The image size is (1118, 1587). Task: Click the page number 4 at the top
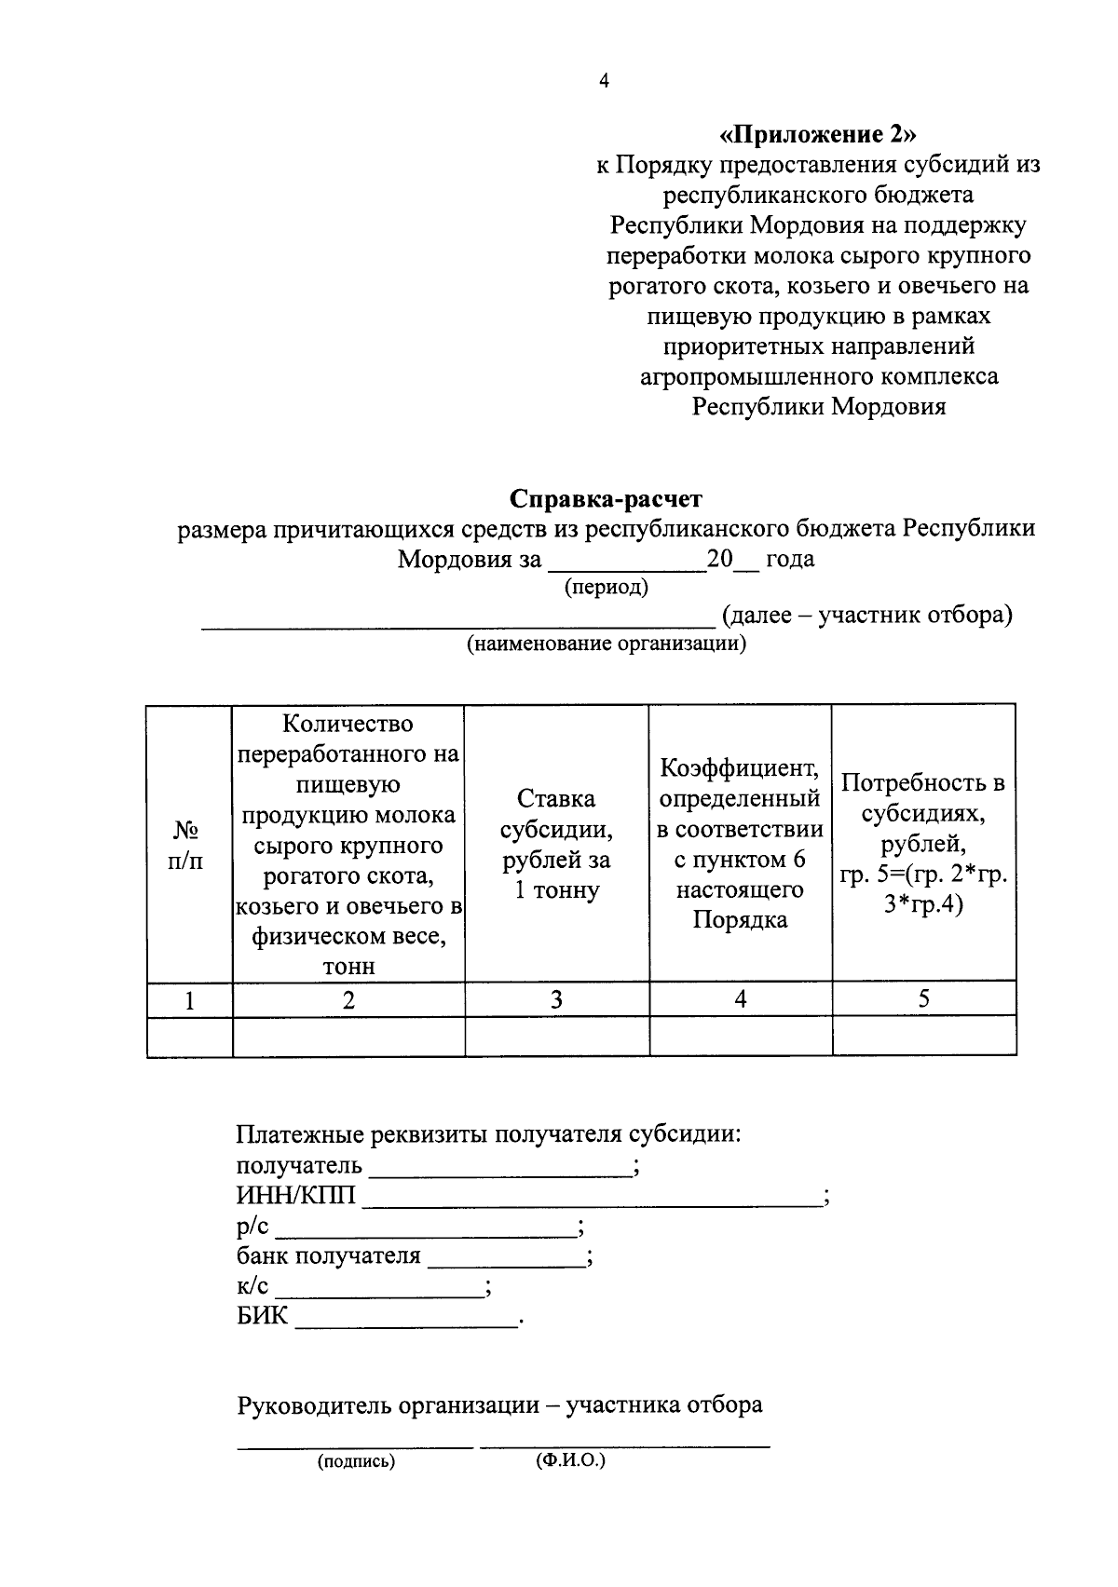click(x=604, y=82)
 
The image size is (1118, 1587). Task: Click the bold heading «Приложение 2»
click(x=818, y=134)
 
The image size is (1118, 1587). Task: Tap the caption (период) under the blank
click(x=607, y=588)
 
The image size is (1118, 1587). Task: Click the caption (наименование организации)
click(x=607, y=644)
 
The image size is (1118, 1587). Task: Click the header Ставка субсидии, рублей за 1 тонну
click(x=556, y=844)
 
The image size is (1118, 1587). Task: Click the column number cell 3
click(x=556, y=999)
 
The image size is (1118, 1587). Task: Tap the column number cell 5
click(x=923, y=999)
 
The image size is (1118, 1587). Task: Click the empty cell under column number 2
click(x=348, y=1036)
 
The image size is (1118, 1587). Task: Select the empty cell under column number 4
click(x=740, y=1036)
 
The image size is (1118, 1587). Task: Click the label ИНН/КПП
click(x=295, y=1196)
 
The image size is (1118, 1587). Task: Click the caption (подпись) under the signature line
click(x=357, y=1462)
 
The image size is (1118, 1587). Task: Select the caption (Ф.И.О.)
click(x=570, y=1460)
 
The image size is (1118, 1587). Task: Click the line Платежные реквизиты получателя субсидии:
click(x=489, y=1135)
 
